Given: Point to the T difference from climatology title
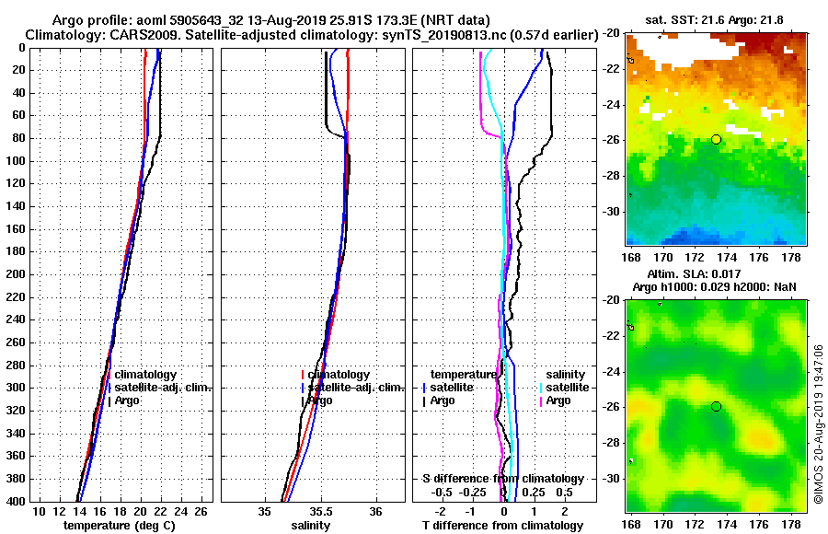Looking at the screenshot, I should coord(502,525).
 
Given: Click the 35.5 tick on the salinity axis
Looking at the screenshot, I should coord(320,511).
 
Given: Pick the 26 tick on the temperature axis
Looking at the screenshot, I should coord(204,511).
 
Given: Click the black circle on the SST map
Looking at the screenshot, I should coord(716,139).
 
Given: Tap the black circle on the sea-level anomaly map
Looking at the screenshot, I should coord(716,406).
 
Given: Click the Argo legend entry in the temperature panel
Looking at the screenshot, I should coord(127,400).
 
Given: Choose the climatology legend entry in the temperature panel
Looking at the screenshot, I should coord(144,375).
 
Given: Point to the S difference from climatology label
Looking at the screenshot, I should coord(502,479).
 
